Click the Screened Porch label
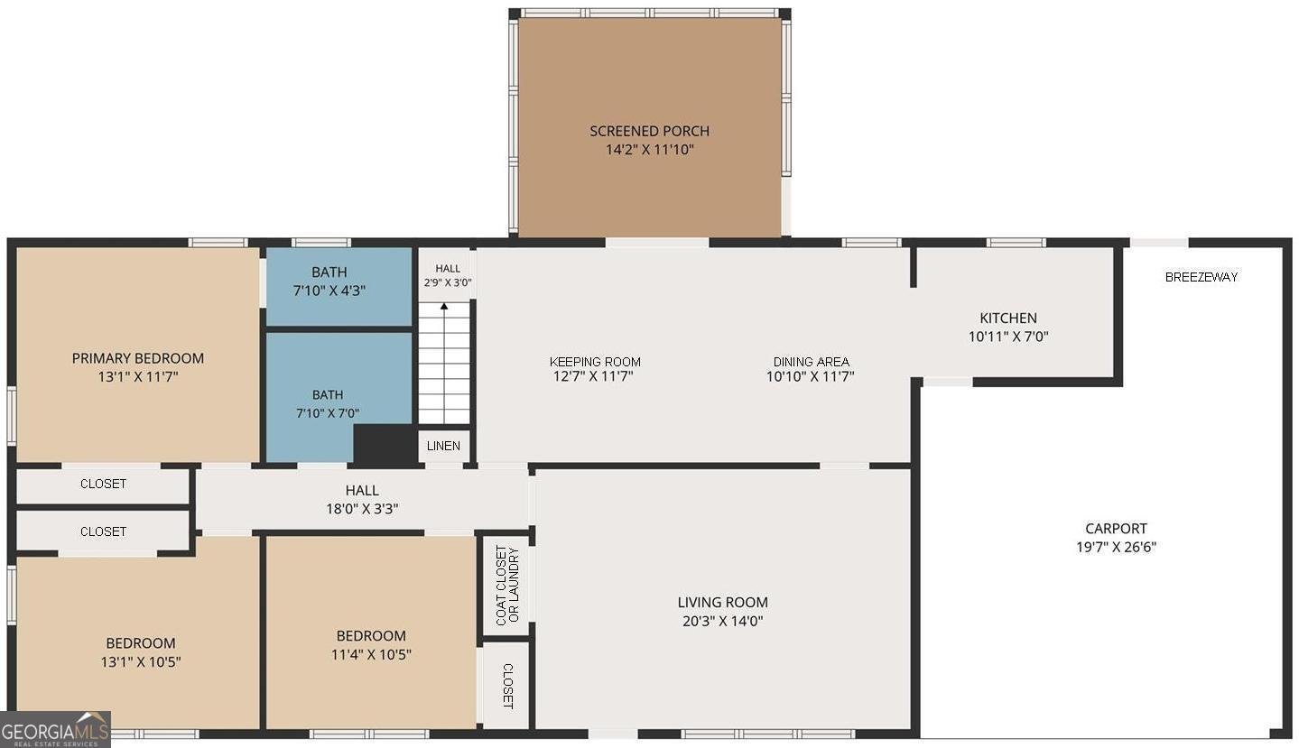650,131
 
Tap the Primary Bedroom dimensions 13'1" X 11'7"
138,377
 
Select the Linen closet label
443,446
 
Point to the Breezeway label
1202,277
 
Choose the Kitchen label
1008,318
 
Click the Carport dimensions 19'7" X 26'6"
1117,547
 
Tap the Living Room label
722,603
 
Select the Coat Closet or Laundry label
507,586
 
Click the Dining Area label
811,362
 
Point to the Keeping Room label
595,362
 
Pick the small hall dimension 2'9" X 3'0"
448,283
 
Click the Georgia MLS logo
55,729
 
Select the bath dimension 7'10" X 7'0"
328,413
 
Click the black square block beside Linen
385,444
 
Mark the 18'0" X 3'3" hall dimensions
362,509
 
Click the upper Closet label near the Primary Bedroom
103,484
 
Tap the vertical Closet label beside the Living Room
507,687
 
